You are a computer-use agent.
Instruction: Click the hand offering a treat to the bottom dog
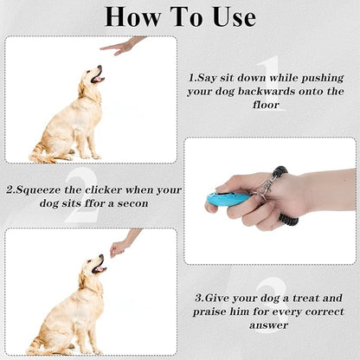point(121,245)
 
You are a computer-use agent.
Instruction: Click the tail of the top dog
point(40,157)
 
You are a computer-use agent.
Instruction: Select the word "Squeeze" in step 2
point(42,189)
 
